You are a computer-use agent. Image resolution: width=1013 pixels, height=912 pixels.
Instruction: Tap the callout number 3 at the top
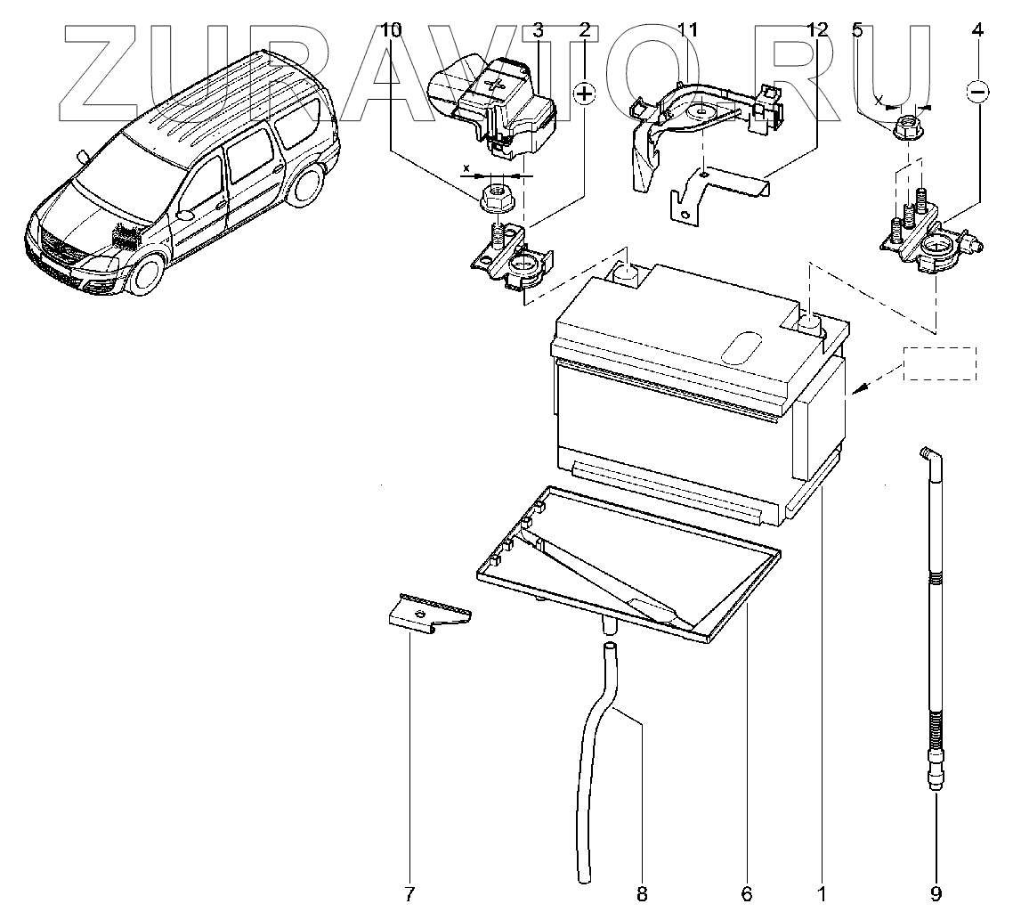(537, 29)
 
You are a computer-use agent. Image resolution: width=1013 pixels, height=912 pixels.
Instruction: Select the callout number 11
(685, 29)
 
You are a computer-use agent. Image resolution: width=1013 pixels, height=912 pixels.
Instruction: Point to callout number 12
(817, 29)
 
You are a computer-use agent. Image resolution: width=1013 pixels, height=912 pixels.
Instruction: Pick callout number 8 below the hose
(641, 892)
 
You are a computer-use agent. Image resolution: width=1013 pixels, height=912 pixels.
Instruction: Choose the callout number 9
(936, 892)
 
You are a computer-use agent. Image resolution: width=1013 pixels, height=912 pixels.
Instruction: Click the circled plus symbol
(585, 94)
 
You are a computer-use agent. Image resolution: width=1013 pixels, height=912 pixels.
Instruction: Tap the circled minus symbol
(977, 91)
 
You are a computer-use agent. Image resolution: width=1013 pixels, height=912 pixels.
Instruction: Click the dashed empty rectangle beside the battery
(940, 363)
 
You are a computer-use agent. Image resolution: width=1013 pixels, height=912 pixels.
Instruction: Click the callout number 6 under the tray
(746, 892)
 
